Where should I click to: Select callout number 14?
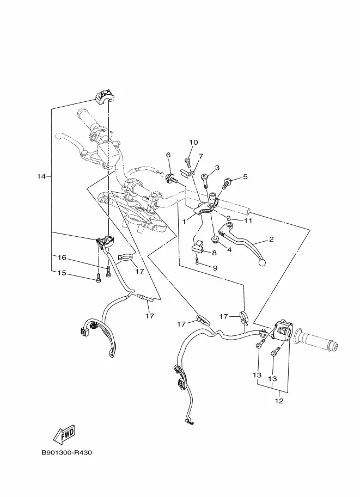[41, 176]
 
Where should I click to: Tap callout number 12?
[279, 401]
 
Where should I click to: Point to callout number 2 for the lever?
[271, 240]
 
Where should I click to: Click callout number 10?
[193, 142]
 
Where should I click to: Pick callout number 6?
[168, 155]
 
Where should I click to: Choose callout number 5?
[245, 176]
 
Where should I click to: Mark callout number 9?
[215, 268]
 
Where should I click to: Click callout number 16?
[62, 257]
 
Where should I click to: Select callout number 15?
[62, 273]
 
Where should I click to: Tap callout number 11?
[248, 220]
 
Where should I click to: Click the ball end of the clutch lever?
[262, 262]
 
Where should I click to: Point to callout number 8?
[214, 253]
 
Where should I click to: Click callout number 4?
[229, 250]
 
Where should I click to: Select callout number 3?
[217, 168]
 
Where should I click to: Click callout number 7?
[201, 156]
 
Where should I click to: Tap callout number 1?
[184, 222]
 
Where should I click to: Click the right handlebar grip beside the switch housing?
[315, 341]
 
